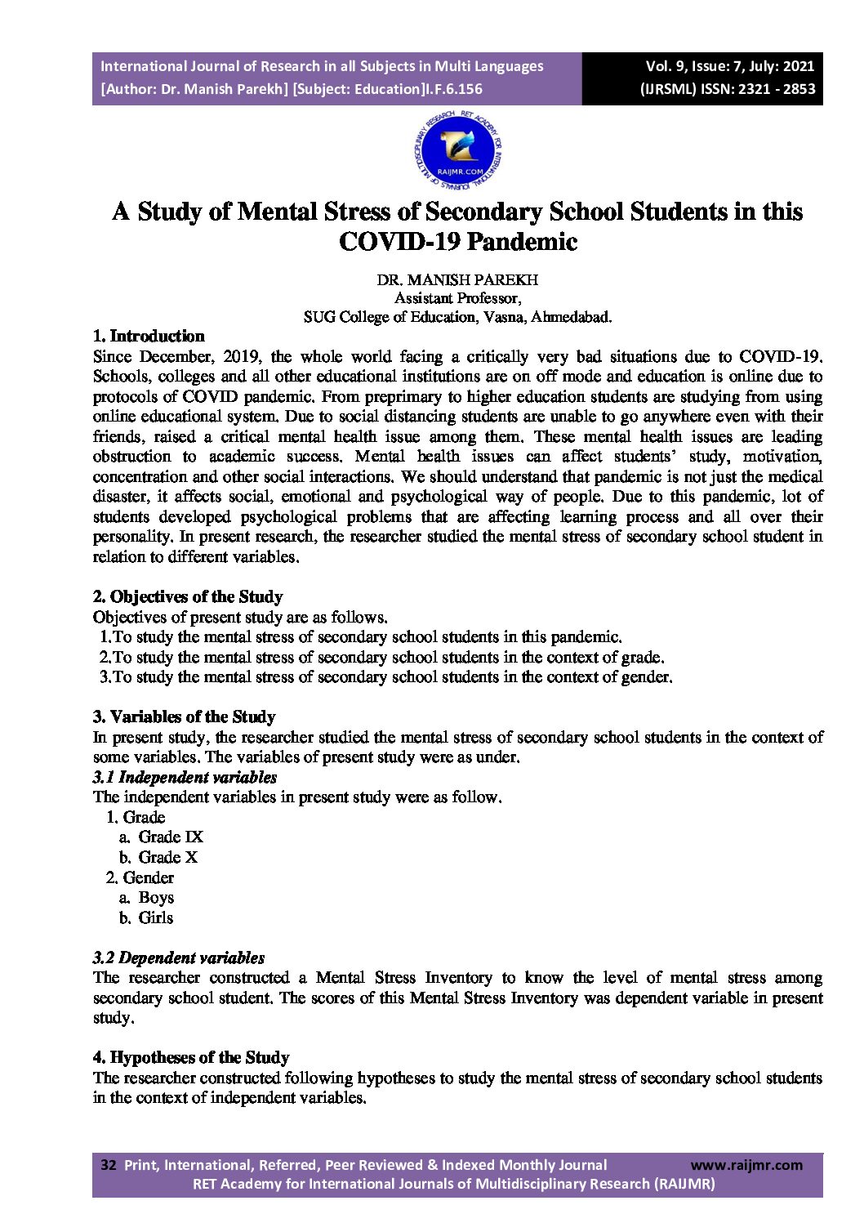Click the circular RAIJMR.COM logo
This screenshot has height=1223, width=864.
click(x=457, y=150)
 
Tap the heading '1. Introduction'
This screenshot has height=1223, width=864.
click(x=149, y=336)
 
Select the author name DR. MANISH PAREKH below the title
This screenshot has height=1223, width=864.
click(x=457, y=279)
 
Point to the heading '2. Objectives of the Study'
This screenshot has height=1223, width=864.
click(x=188, y=596)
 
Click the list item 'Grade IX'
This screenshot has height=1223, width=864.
click(x=171, y=837)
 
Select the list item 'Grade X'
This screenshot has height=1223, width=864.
click(x=168, y=857)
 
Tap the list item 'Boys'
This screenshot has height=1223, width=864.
click(x=156, y=897)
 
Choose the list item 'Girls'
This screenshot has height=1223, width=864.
click(x=156, y=917)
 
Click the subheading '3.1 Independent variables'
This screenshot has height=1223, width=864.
click(x=185, y=777)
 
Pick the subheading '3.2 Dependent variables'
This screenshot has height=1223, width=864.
click(x=179, y=957)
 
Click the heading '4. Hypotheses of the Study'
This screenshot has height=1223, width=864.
click(x=191, y=1057)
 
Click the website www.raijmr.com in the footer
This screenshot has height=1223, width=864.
click(x=746, y=1165)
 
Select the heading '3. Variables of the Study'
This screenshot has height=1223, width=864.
click(x=184, y=716)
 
